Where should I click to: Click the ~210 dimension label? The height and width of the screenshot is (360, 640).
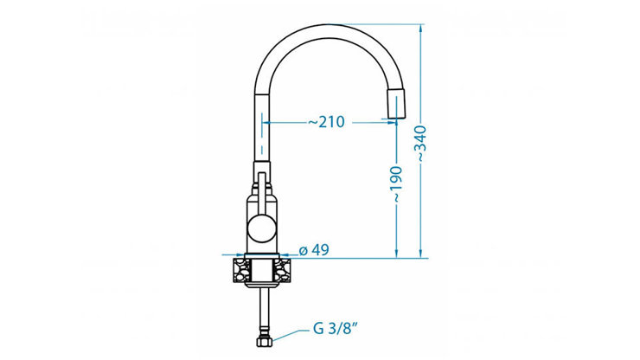(326, 122)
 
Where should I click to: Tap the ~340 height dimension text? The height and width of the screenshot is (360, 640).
(421, 144)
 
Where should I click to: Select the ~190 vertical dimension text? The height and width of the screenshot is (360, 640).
(397, 184)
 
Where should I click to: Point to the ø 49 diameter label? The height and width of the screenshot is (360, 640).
(314, 250)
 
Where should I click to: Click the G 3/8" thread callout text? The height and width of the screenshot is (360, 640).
(336, 329)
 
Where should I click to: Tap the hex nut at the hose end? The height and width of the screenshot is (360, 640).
(265, 341)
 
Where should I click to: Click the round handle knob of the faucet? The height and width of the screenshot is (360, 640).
(262, 228)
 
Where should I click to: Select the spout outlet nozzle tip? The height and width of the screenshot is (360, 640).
(395, 104)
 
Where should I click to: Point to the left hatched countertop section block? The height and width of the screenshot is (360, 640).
(241, 270)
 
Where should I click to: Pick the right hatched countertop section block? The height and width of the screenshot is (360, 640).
(283, 270)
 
